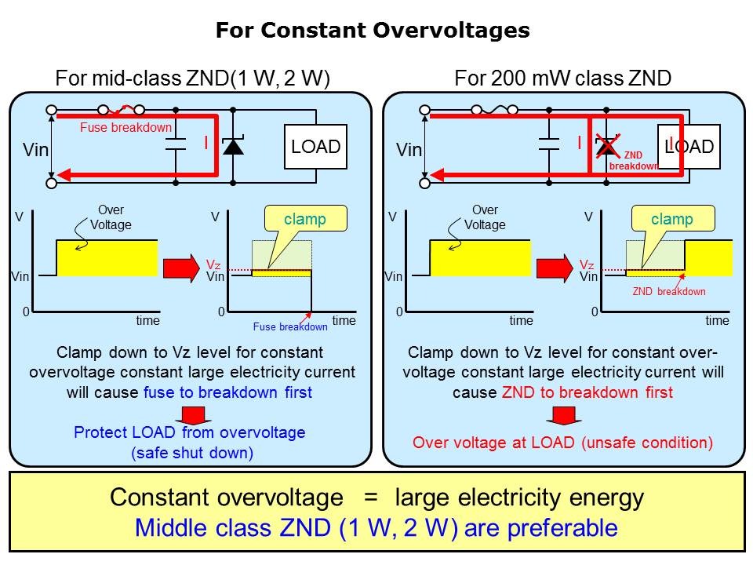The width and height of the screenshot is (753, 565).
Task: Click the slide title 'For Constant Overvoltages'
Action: (373, 31)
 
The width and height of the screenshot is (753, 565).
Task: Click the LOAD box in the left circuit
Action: (316, 147)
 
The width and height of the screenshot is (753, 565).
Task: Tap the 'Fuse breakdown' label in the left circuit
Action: (125, 128)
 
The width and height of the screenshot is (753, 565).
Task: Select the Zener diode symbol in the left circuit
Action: (234, 147)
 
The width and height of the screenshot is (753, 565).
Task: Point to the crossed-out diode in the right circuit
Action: (606, 146)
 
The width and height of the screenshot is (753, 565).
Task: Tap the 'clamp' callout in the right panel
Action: (672, 219)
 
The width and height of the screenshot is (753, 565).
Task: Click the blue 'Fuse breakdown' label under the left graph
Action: (290, 326)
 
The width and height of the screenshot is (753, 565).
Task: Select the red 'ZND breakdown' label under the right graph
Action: (669, 291)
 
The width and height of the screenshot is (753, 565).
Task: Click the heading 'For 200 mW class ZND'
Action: (562, 78)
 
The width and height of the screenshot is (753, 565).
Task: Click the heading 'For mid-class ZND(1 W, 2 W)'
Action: (193, 78)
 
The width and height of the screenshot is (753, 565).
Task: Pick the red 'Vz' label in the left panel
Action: (213, 265)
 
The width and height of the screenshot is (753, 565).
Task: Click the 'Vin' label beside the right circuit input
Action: (409, 150)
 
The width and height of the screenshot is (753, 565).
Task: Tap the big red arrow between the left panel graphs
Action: (181, 268)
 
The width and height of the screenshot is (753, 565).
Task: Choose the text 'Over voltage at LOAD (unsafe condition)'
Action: (562, 443)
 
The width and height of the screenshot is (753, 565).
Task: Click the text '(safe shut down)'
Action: (189, 452)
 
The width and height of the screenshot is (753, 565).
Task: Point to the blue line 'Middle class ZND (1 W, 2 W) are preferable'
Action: (376, 527)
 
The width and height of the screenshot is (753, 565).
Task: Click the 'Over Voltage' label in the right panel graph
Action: (485, 217)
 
